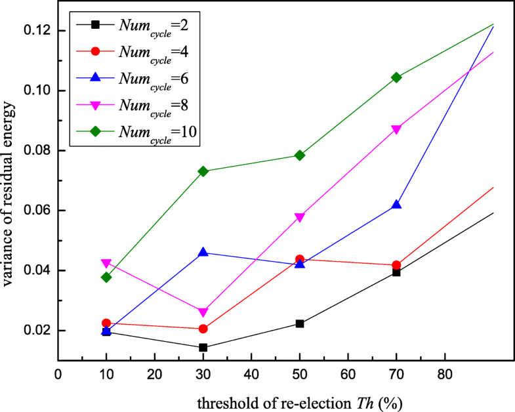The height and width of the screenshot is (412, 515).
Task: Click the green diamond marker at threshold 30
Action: [203, 171]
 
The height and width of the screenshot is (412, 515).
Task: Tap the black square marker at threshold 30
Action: [203, 348]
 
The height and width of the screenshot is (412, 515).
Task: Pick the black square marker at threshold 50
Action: [300, 323]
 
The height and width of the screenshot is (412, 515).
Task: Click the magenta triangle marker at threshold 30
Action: [203, 312]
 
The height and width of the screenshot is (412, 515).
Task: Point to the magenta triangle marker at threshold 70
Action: [396, 129]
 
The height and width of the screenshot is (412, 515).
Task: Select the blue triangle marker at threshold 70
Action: [396, 205]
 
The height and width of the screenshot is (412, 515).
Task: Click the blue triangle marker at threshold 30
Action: [203, 252]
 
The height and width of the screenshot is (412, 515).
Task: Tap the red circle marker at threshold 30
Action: [203, 329]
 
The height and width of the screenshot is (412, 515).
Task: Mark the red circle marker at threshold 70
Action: [396, 265]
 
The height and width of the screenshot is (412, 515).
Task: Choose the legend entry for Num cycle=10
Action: [147, 131]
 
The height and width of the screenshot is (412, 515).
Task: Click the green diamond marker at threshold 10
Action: [106, 277]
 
